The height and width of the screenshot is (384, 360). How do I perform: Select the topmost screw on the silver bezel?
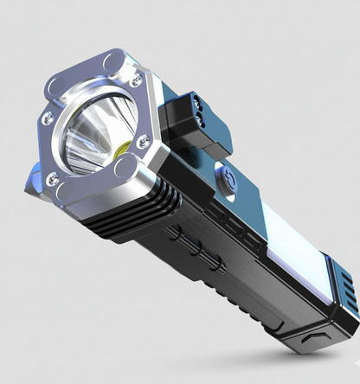click(137, 81)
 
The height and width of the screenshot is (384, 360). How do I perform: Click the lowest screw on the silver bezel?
click(53, 179)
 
